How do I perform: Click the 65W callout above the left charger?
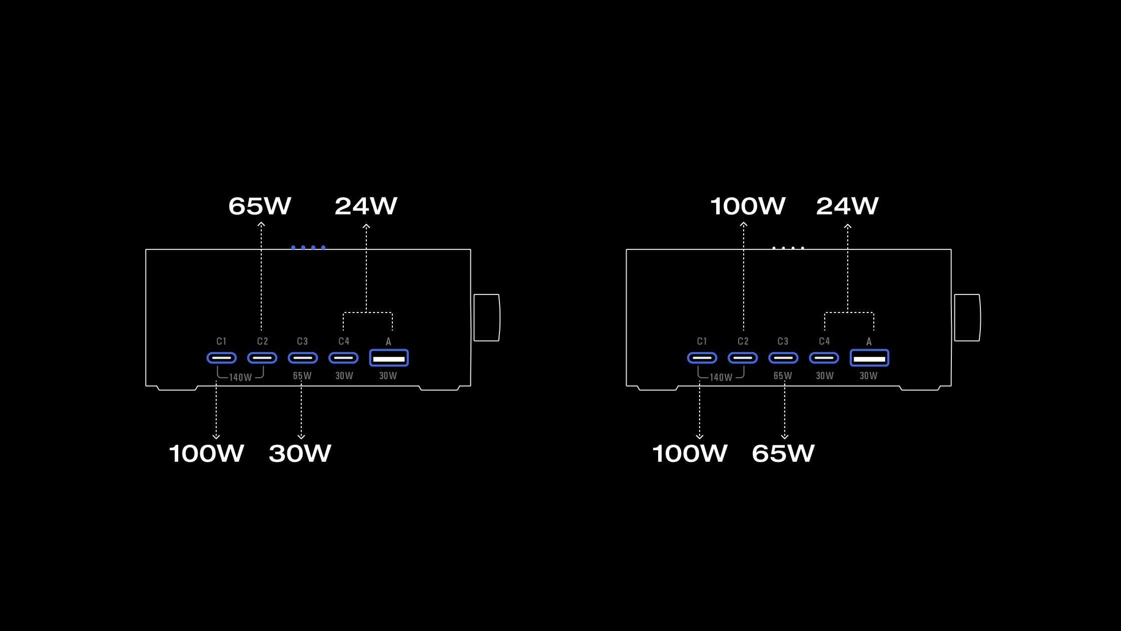pos(259,206)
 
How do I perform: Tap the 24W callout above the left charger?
pos(366,206)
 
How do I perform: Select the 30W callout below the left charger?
pos(300,453)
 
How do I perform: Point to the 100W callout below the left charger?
pos(206,453)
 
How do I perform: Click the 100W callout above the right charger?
pos(748,206)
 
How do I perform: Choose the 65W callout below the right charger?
pos(783,453)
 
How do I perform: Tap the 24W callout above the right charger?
pos(847,206)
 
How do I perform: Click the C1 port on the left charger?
pos(221,358)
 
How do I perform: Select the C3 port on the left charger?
pos(303,358)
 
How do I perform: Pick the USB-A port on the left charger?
pos(389,358)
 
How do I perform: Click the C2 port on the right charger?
pos(743,358)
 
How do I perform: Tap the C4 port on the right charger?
pos(824,358)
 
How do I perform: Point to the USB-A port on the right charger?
pos(869,358)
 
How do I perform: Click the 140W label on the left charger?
pos(240,378)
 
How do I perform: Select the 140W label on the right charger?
pos(721,378)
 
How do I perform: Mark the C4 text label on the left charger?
pos(344,342)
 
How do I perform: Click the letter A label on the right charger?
pos(869,342)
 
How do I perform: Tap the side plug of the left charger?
pos(486,318)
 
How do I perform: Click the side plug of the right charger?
pos(967,318)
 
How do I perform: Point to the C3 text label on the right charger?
pos(783,342)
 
